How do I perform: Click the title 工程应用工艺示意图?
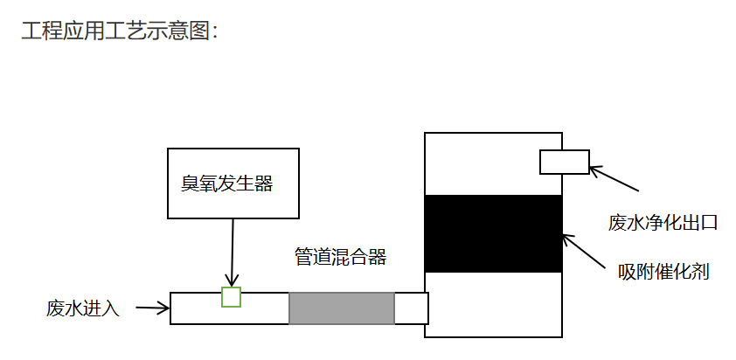point(115,31)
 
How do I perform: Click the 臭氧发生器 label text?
point(227,183)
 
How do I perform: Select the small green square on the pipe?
point(231,296)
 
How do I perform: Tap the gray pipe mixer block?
point(342,308)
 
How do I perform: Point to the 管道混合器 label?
point(340,257)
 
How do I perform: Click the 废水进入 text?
point(83,308)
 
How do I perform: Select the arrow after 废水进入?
point(153,308)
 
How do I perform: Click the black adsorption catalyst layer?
point(493,234)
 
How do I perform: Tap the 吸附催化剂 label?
point(663,272)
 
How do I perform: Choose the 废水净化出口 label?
point(663,222)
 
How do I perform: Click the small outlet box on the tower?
point(564,162)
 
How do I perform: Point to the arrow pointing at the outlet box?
point(614,179)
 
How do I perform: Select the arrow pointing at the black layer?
point(584,252)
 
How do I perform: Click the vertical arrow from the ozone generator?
point(233,253)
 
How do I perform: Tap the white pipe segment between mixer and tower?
point(410,308)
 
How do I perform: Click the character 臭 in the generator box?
point(190,183)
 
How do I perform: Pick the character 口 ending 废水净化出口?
point(709,223)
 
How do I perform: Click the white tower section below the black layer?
point(493,304)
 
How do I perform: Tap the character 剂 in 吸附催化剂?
point(700,272)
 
